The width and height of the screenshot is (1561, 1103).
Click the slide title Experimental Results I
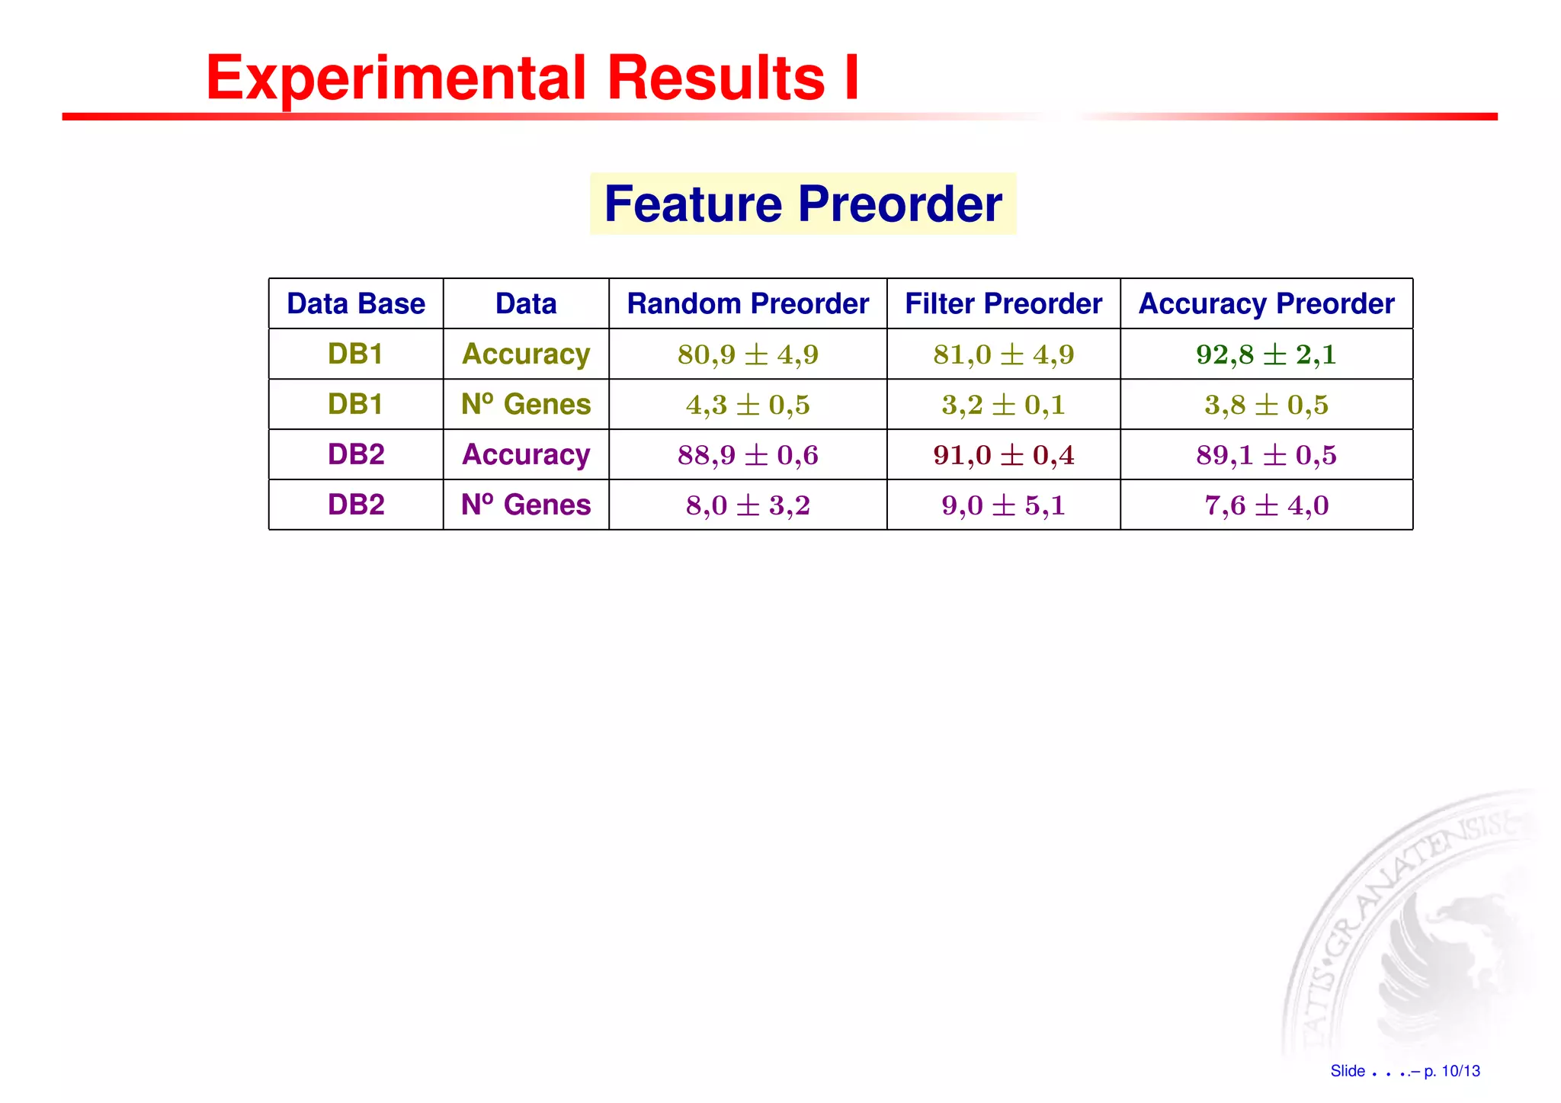(x=533, y=78)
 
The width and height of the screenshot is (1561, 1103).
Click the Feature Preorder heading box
(x=803, y=204)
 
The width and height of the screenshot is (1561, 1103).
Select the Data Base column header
(x=356, y=303)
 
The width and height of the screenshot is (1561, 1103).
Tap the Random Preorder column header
(x=747, y=303)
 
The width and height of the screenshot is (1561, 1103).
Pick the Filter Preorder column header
(x=1003, y=303)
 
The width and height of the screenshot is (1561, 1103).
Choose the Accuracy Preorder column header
(x=1266, y=303)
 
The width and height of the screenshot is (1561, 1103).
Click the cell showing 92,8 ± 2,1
(x=1266, y=354)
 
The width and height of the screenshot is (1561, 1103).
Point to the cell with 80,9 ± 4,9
(x=747, y=354)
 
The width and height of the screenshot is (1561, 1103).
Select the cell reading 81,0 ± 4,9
(x=1003, y=354)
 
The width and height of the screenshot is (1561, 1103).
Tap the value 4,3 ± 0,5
(x=747, y=405)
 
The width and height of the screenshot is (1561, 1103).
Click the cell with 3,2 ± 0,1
(x=1003, y=405)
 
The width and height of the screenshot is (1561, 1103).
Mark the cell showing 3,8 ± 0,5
(x=1266, y=405)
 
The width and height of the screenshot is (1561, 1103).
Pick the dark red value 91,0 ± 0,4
(x=1003, y=455)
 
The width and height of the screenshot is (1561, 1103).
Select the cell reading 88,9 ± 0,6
(x=747, y=455)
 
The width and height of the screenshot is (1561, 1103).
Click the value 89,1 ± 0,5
(x=1266, y=455)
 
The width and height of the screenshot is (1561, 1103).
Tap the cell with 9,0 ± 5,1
(x=1003, y=505)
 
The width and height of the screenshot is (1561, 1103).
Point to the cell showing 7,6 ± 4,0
(x=1266, y=505)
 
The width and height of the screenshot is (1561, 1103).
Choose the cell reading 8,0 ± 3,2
(x=747, y=505)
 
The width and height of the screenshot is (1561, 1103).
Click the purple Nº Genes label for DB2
(x=526, y=505)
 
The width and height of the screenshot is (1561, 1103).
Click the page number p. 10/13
(x=1451, y=1071)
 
